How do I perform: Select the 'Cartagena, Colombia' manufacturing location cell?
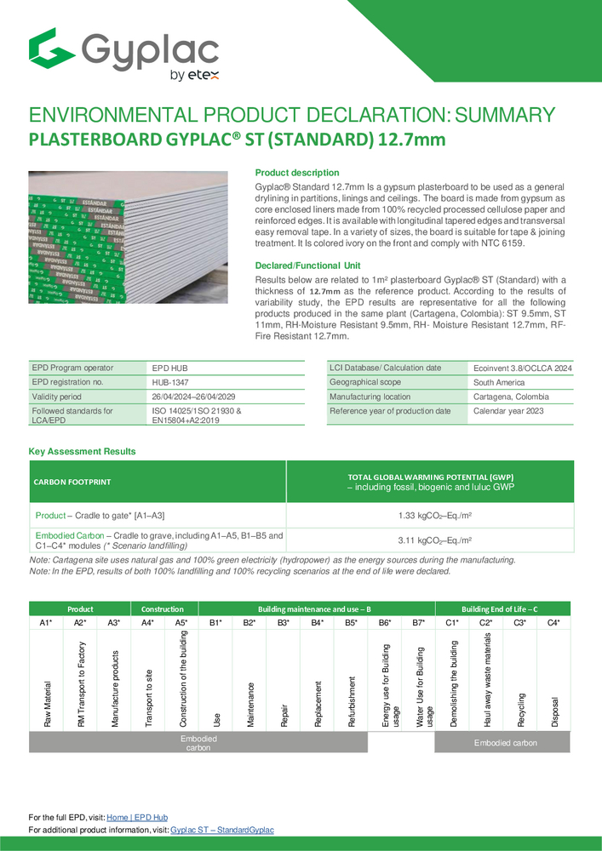coord(512,397)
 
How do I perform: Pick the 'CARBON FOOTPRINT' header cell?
coord(72,482)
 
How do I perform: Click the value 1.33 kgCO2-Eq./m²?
coord(430,516)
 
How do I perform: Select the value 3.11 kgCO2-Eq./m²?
coord(430,540)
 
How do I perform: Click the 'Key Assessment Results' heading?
coord(83,451)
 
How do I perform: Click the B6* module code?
coord(384,624)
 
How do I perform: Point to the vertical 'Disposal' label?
coord(554,707)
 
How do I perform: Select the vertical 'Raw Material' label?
coord(48,703)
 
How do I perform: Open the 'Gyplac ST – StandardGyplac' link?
coord(221,829)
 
